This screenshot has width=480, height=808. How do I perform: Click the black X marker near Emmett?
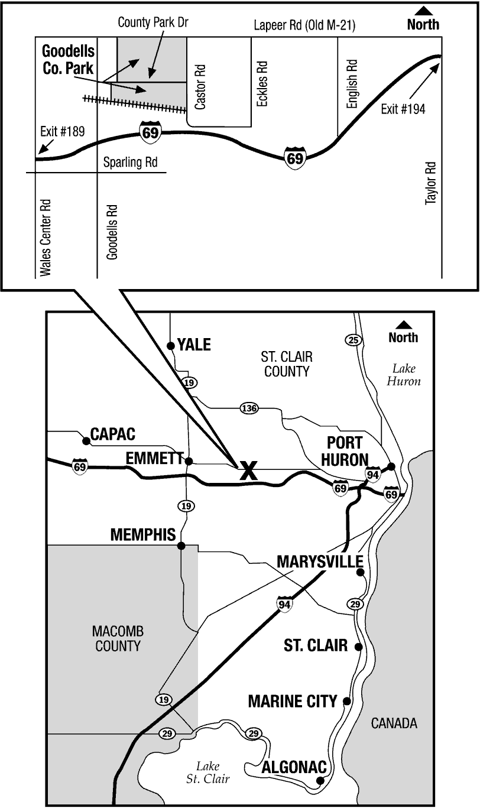(248, 470)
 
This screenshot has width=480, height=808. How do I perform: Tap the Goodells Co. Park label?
(69, 59)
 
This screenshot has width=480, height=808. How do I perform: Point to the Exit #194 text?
(403, 109)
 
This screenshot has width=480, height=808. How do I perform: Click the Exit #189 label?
(63, 131)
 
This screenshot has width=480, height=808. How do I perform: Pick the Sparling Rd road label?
(130, 163)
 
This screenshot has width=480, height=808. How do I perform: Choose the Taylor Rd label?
(430, 183)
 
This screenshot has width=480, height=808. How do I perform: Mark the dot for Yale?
(170, 345)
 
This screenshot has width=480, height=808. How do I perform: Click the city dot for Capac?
(86, 440)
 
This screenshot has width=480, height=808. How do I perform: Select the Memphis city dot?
(181, 545)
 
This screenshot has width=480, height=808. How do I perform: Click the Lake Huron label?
(404, 375)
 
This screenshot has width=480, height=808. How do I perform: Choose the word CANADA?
(394, 723)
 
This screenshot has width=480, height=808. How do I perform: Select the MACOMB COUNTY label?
(118, 638)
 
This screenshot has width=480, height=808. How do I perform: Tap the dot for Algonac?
(320, 780)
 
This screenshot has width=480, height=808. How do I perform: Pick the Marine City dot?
(347, 701)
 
